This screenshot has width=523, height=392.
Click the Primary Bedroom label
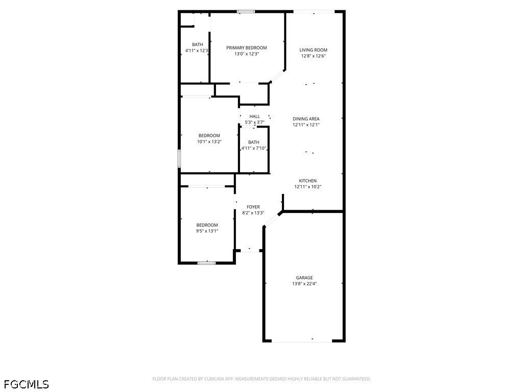click(247, 47)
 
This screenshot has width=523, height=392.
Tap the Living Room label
click(313, 50)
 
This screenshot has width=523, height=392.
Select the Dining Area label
click(306, 118)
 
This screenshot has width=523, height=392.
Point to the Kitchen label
click(307, 181)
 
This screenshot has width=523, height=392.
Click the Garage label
click(304, 278)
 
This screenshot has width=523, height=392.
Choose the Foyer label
click(253, 207)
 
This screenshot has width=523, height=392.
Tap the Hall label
click(254, 116)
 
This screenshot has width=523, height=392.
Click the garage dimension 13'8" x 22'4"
click(304, 284)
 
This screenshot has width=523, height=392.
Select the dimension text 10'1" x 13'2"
click(209, 142)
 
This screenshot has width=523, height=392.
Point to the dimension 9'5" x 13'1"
click(207, 231)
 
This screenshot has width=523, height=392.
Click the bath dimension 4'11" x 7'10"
click(254, 149)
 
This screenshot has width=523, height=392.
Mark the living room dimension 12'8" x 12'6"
click(313, 56)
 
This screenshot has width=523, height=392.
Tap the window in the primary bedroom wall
click(246, 12)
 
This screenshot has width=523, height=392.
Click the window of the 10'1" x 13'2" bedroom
click(179, 159)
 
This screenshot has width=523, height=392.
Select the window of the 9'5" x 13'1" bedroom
click(206, 263)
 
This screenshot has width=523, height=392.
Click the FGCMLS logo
click(27, 384)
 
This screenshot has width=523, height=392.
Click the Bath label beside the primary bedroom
click(198, 44)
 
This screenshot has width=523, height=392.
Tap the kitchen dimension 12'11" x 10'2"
click(307, 187)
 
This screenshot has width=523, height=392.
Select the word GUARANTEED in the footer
click(356, 379)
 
